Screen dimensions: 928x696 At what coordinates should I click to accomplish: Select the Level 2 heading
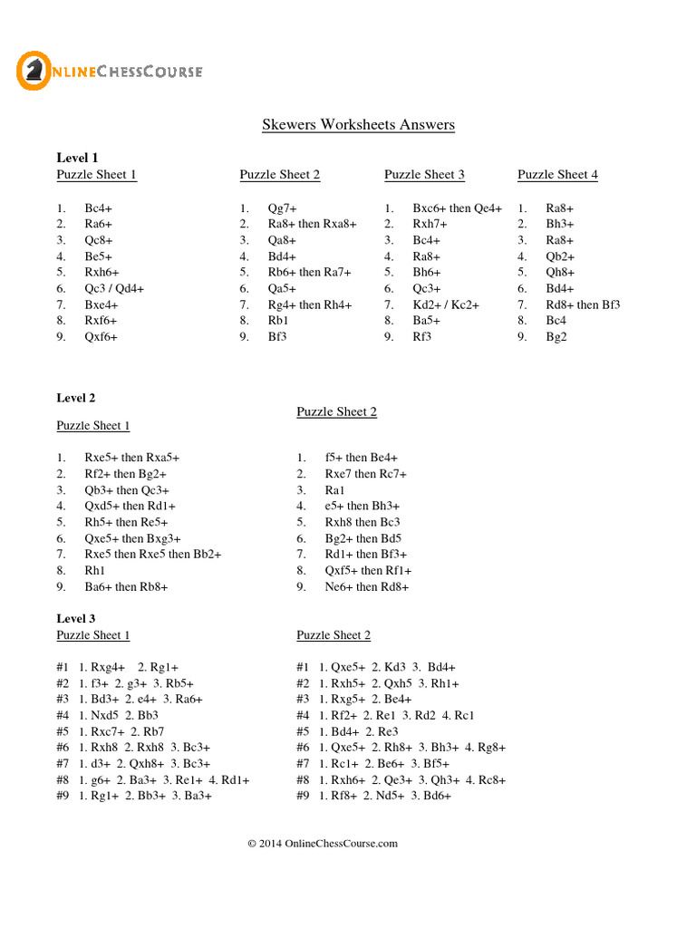76,398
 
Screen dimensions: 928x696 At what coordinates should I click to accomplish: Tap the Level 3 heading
76,619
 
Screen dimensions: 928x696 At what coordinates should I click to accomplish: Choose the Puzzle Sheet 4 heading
557,175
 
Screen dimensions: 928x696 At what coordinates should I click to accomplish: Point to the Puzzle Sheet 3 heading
424,175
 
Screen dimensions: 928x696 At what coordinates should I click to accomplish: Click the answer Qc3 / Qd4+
114,289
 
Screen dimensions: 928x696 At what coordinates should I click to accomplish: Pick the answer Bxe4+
101,304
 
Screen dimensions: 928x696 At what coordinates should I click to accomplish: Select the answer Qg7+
282,208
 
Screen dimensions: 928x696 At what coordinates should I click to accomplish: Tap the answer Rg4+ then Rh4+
309,304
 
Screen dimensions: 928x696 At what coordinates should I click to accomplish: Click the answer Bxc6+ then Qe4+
457,208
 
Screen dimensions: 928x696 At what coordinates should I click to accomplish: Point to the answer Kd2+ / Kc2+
446,304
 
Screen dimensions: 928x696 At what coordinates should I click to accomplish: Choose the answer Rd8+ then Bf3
583,304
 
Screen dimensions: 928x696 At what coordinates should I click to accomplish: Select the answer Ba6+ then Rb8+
126,586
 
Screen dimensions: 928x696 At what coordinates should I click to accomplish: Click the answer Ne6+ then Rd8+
367,586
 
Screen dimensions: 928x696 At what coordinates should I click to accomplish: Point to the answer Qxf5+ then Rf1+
368,570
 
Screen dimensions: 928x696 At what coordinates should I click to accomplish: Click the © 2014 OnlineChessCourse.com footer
323,844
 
